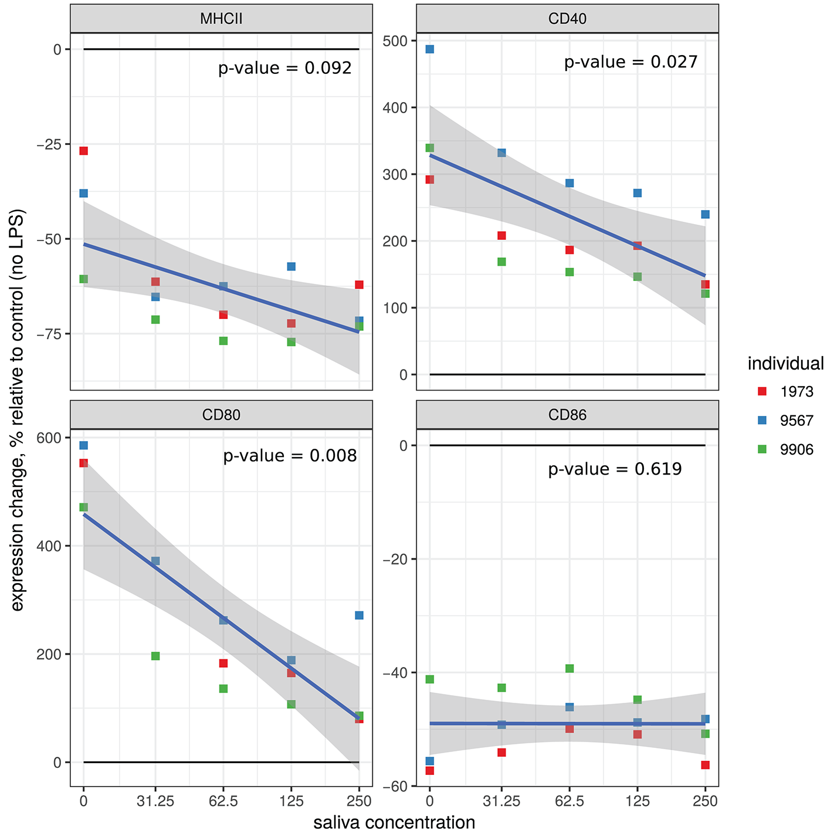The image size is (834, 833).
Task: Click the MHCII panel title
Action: pos(221,19)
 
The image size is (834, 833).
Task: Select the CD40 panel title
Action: pos(567,19)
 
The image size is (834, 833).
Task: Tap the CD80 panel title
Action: pos(221,415)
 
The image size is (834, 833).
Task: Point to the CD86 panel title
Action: pos(567,415)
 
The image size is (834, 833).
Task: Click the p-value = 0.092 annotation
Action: pos(285,69)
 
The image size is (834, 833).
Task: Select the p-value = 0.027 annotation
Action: pos(631,62)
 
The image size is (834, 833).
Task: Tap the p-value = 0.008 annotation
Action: pos(290,456)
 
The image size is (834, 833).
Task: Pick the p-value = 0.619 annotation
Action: pos(615,469)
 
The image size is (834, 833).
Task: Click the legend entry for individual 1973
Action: pos(786,392)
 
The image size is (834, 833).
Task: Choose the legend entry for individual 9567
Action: pos(786,421)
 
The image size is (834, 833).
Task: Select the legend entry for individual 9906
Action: pos(786,450)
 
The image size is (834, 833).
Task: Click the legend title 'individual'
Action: pos(785,364)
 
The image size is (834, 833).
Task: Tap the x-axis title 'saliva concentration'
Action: pos(394,822)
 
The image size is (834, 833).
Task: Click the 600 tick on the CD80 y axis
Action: pos(50,438)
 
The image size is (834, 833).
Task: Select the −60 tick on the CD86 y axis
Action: pos(396,786)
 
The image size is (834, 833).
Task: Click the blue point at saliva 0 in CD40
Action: pos(429,49)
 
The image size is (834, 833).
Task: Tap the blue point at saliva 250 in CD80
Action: pos(359,615)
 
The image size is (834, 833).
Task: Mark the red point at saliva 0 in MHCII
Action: pos(83,151)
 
